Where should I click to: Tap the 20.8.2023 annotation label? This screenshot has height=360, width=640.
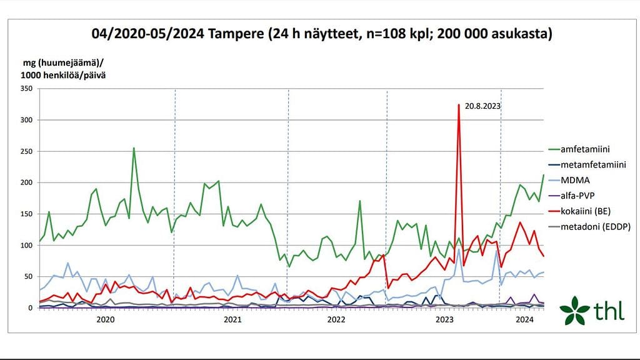pyautogui.click(x=483, y=106)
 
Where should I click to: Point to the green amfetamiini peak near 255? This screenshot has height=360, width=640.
pyautogui.click(x=134, y=149)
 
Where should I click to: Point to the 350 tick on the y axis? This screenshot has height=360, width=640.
pyautogui.click(x=26, y=89)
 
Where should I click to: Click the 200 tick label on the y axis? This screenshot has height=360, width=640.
pyautogui.click(x=26, y=182)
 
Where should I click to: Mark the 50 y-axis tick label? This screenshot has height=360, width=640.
pyautogui.click(x=29, y=276)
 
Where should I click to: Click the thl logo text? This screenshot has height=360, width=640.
pyautogui.click(x=607, y=311)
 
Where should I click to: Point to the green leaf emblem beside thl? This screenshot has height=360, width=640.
pyautogui.click(x=574, y=311)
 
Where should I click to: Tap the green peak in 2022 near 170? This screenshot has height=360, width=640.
pyautogui.click(x=360, y=201)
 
